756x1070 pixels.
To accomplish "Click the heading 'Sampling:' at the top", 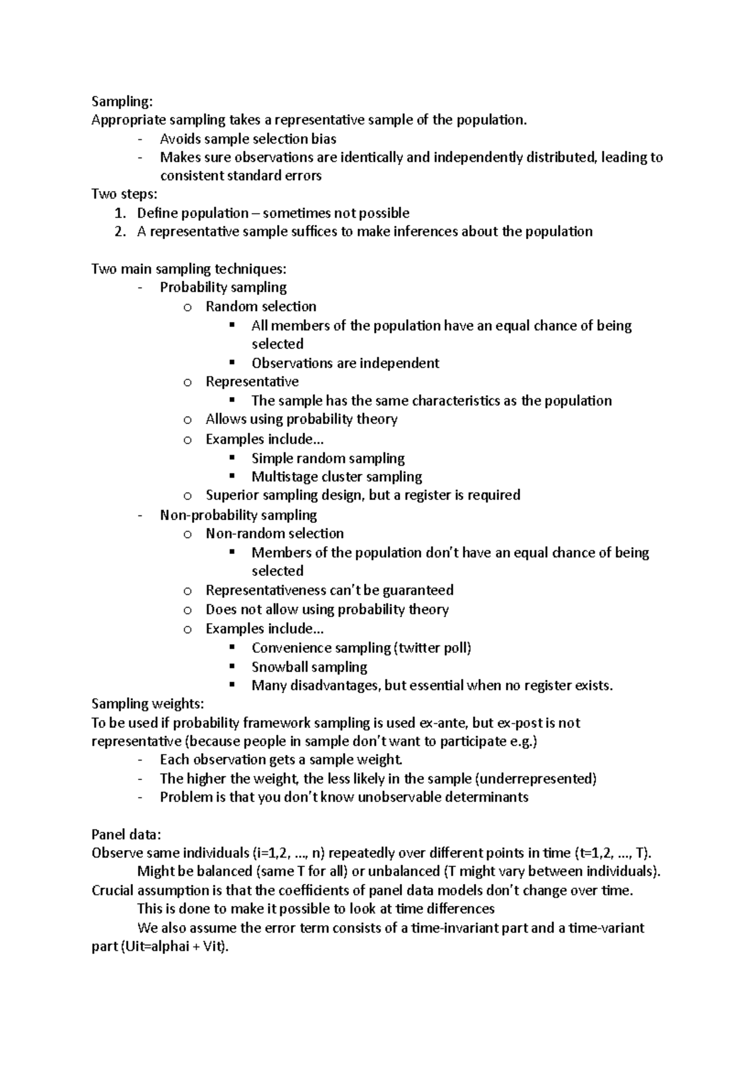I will [122, 101].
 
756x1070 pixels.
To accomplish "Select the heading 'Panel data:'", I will [126, 834].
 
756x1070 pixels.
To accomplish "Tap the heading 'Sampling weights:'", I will [147, 703].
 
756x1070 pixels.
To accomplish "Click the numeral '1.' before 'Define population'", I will [121, 213].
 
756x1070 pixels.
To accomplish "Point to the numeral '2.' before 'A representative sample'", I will [121, 231].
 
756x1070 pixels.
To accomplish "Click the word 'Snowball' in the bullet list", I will [278, 667].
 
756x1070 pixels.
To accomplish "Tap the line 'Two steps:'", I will [124, 194].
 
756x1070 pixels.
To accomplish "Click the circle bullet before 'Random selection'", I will [187, 308].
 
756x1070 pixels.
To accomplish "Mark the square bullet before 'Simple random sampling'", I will [232, 457].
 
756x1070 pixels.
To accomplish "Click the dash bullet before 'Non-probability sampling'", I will [140, 515].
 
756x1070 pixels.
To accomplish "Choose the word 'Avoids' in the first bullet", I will [180, 139].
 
